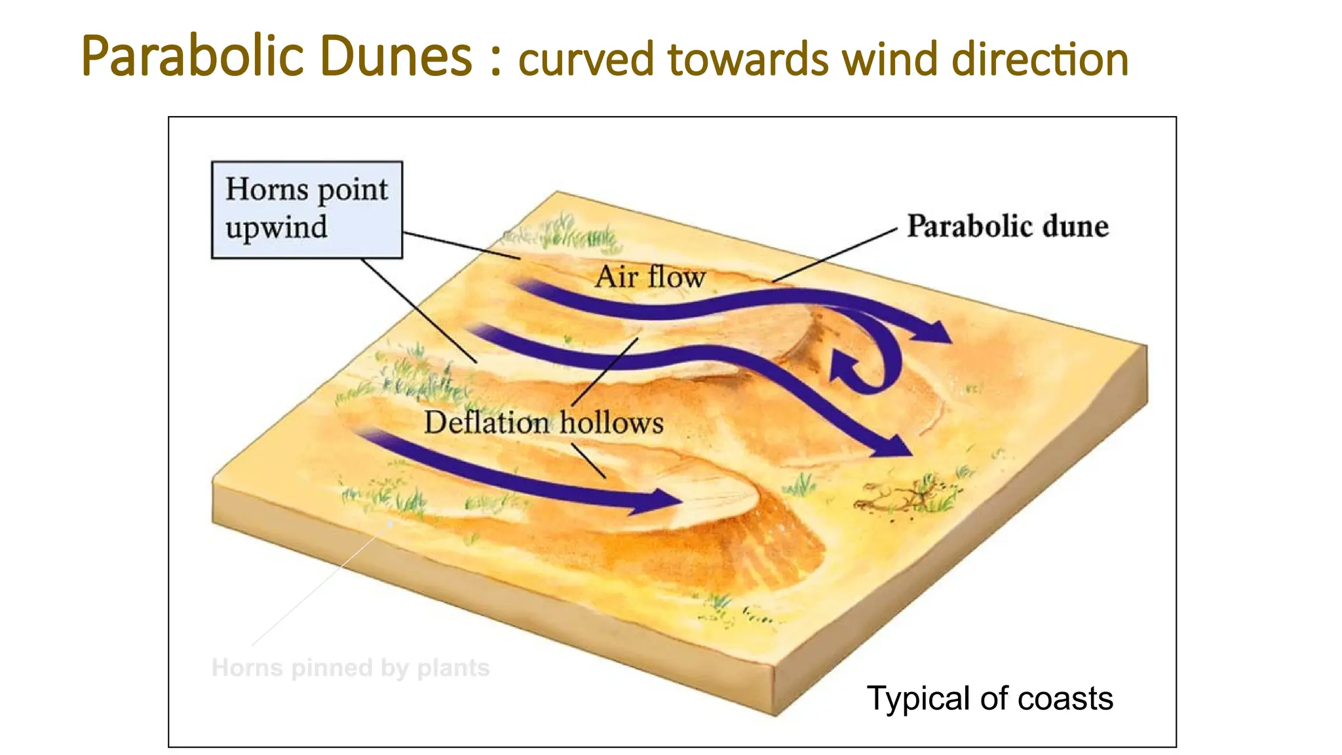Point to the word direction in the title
tap(1040, 59)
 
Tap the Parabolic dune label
tap(1007, 226)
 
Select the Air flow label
tap(650, 277)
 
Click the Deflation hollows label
tap(543, 422)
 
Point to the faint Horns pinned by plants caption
tap(351, 668)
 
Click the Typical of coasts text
tap(989, 698)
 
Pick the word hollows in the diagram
tap(611, 422)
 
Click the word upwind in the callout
tap(277, 227)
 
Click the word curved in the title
tap(586, 59)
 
